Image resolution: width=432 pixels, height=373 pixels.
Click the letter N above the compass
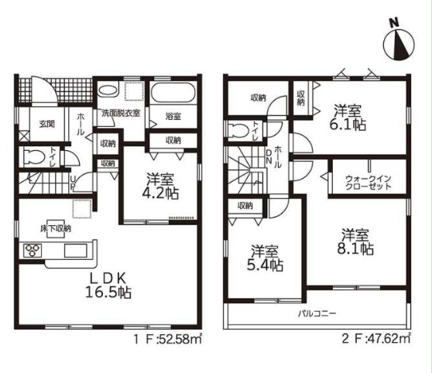(395, 23)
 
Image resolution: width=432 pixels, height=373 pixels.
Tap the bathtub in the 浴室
(173, 92)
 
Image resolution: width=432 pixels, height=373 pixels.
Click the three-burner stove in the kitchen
(33, 251)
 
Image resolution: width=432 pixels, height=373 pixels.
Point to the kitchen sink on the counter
(76, 251)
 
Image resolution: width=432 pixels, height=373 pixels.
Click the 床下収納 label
(56, 228)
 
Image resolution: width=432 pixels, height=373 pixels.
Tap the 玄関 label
(46, 124)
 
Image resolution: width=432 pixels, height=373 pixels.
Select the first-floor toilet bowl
(34, 158)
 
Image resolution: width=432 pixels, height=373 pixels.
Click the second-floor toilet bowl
(242, 129)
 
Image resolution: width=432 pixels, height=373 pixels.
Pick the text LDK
(108, 279)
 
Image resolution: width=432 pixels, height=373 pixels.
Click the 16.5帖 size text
(108, 292)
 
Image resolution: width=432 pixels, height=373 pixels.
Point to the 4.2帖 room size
(160, 193)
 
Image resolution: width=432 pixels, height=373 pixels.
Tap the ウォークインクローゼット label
(368, 183)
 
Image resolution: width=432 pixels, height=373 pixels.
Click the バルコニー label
(317, 313)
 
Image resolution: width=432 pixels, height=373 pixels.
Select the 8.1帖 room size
(355, 248)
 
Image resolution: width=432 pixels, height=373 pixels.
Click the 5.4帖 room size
(265, 265)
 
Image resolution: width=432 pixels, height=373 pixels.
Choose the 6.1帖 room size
(348, 125)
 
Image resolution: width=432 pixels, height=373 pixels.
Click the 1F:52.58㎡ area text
(168, 339)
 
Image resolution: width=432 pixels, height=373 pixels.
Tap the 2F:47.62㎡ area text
(376, 339)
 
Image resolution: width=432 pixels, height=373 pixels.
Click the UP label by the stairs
(73, 183)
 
